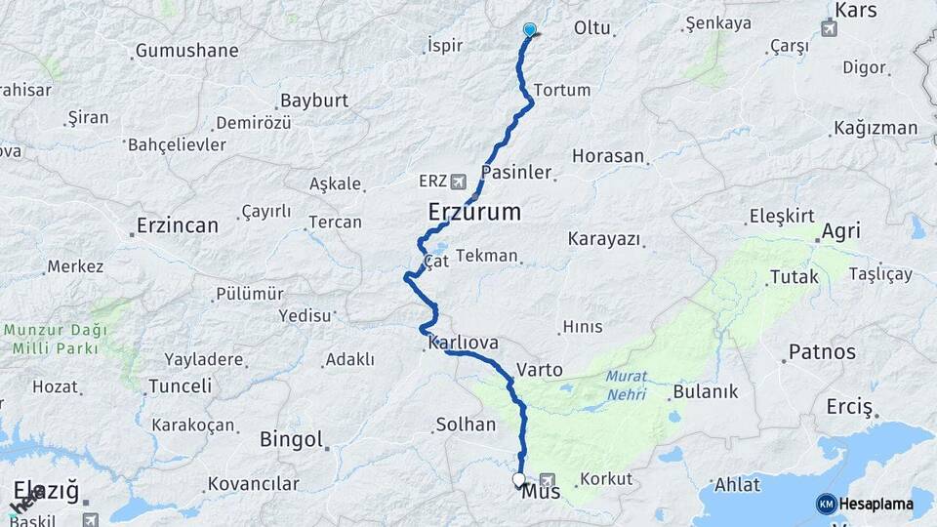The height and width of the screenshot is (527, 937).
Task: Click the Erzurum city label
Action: click(x=474, y=212)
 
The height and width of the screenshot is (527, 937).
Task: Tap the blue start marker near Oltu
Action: click(x=530, y=30)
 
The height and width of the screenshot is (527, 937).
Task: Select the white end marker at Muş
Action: click(x=519, y=479)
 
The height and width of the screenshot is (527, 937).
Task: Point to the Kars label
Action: click(x=856, y=9)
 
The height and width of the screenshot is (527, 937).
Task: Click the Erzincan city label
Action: click(x=178, y=225)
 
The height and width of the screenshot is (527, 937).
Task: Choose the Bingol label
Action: click(x=291, y=439)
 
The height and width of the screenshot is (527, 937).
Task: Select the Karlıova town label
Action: click(x=464, y=343)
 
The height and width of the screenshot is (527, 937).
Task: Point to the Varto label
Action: click(x=540, y=370)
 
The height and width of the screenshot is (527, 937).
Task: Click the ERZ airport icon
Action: click(x=459, y=182)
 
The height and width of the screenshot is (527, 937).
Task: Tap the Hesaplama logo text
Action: click(x=876, y=504)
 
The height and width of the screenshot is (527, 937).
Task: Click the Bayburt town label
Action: click(x=313, y=100)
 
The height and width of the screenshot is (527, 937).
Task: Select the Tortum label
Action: click(x=562, y=90)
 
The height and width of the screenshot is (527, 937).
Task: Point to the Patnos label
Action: click(x=822, y=351)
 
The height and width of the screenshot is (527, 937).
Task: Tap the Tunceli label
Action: click(x=180, y=385)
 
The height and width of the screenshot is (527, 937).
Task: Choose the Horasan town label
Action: click(x=608, y=155)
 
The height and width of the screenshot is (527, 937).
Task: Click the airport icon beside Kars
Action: click(x=830, y=27)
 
